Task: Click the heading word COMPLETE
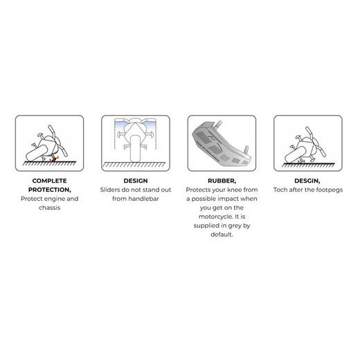pyautogui.click(x=49, y=181)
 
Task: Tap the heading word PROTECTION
pyautogui.click(x=48, y=190)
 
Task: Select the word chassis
pyautogui.click(x=49, y=208)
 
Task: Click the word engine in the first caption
pyautogui.click(x=53, y=199)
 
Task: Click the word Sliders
pyautogui.click(x=110, y=190)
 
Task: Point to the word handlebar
pyautogui.click(x=143, y=199)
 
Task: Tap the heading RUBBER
pyautogui.click(x=221, y=181)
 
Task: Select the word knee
pyautogui.click(x=235, y=190)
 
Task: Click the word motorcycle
pyautogui.click(x=215, y=217)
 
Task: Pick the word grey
pyautogui.click(x=235, y=226)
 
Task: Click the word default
pyautogui.click(x=221, y=235)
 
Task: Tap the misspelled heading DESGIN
pyautogui.click(x=306, y=181)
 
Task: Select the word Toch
pyautogui.click(x=280, y=190)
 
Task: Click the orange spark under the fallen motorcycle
pyautogui.click(x=53, y=159)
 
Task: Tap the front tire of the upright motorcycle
pyautogui.click(x=135, y=148)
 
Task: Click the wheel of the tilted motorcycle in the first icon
pyautogui.click(x=36, y=152)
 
